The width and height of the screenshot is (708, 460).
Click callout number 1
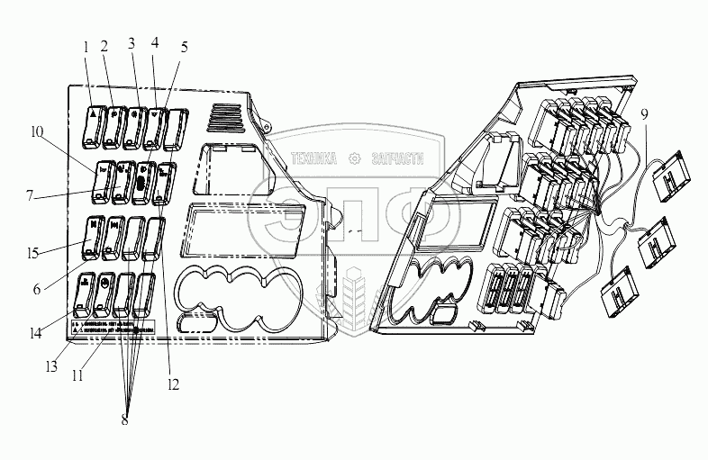[86, 46]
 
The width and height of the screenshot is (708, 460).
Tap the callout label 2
[104, 46]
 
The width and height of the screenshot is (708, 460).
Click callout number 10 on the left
[34, 131]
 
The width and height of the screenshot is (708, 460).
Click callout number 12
[173, 384]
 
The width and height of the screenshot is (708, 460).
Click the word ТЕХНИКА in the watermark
[313, 159]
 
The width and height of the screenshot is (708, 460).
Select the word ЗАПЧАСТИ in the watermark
[395, 159]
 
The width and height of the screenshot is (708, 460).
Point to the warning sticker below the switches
[113, 324]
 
